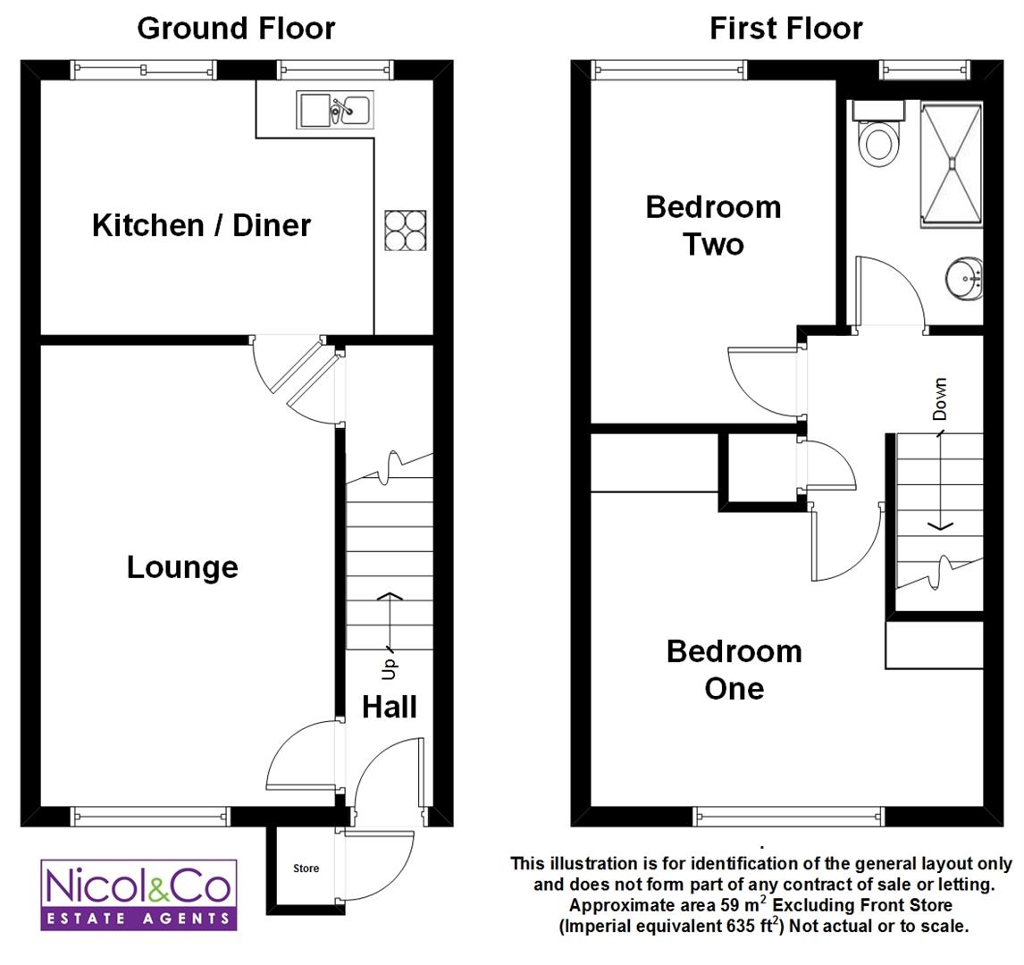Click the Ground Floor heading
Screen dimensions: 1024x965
pyautogui.click(x=236, y=29)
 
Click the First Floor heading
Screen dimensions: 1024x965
pyautogui.click(x=785, y=29)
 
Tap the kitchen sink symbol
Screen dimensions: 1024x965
pyautogui.click(x=335, y=110)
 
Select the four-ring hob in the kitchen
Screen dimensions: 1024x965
pyautogui.click(x=405, y=231)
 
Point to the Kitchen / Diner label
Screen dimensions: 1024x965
pyautogui.click(x=201, y=225)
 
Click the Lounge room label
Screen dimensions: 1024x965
pyautogui.click(x=182, y=567)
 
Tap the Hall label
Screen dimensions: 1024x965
pyautogui.click(x=390, y=707)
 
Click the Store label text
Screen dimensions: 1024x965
pyautogui.click(x=306, y=868)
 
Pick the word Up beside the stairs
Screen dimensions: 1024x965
pyautogui.click(x=390, y=668)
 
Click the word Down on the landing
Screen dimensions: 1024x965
pyautogui.click(x=939, y=399)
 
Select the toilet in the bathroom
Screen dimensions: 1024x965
pyautogui.click(x=878, y=135)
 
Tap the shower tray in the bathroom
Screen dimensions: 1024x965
pyautogui.click(x=952, y=164)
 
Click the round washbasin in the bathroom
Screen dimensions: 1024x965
pyautogui.click(x=964, y=279)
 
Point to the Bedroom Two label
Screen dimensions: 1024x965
pyautogui.click(x=713, y=226)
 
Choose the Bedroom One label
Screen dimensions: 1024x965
pyautogui.click(x=734, y=670)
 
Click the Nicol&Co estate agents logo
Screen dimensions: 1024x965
pyautogui.click(x=138, y=894)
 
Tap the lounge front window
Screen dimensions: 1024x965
pyautogui.click(x=150, y=816)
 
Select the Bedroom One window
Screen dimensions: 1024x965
pyautogui.click(x=788, y=816)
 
